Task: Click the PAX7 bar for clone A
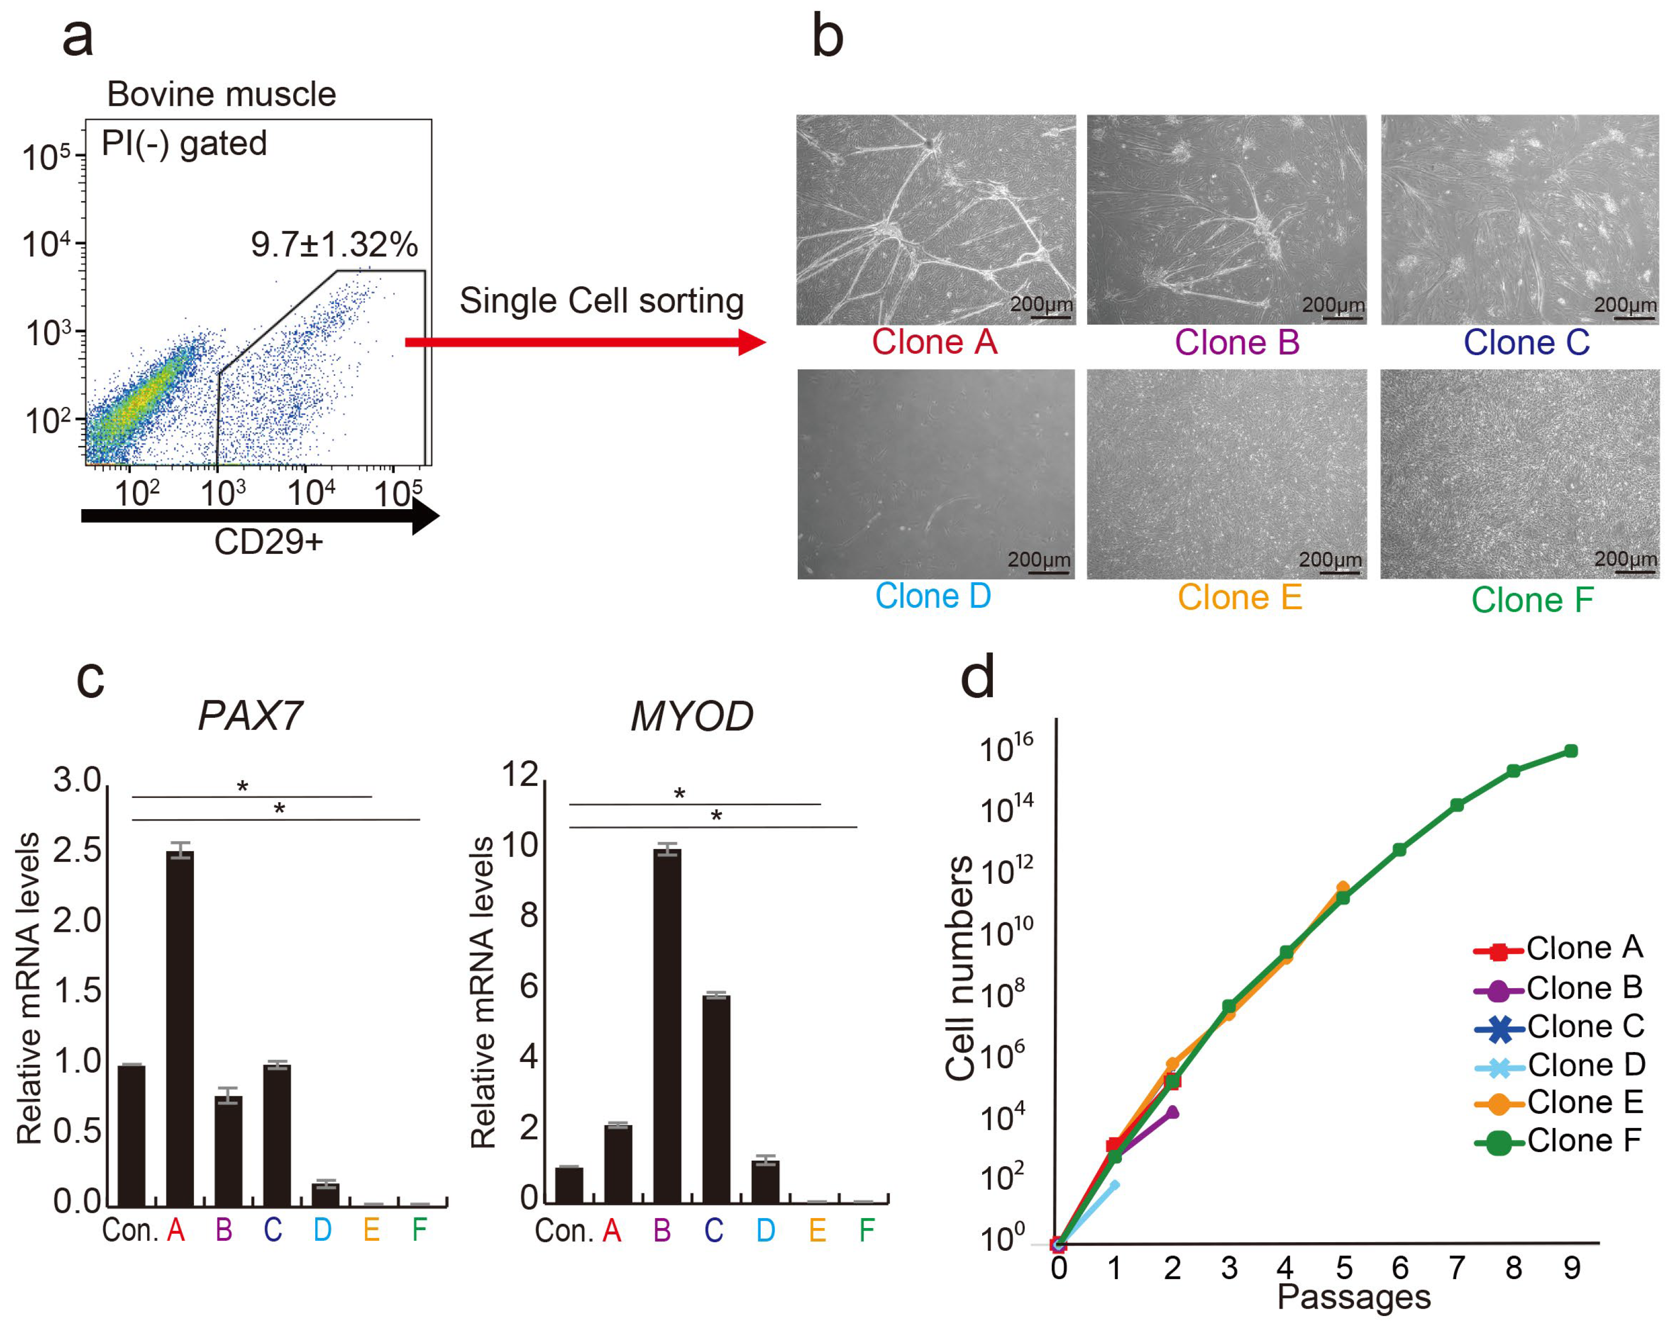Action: (180, 1028)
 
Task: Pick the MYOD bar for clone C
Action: (716, 1098)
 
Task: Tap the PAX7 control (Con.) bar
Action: (131, 1135)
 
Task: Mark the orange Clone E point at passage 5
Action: (1343, 888)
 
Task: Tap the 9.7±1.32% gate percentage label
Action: (334, 245)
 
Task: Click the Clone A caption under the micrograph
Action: (934, 342)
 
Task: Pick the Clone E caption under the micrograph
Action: (1239, 597)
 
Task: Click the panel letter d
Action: (977, 677)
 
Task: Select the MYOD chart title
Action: (691, 716)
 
